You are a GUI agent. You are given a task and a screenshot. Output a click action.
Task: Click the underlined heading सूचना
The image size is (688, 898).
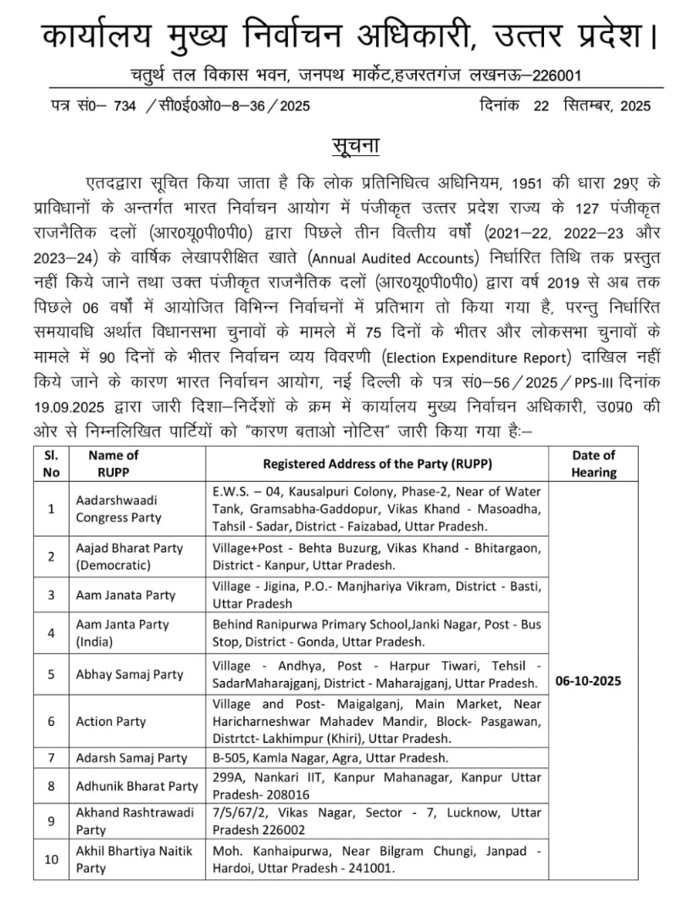[355, 145]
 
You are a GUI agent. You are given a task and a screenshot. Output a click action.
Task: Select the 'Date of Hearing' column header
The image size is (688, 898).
[593, 464]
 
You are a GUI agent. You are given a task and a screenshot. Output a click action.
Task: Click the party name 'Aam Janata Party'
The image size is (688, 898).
[125, 595]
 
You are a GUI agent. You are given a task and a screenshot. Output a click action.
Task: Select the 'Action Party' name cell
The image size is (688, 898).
[111, 722]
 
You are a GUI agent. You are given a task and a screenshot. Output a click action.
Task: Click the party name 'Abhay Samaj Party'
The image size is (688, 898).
[130, 675]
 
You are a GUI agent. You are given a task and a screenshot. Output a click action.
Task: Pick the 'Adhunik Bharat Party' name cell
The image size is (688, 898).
[136, 786]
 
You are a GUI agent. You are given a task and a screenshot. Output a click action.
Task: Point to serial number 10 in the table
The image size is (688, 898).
[51, 859]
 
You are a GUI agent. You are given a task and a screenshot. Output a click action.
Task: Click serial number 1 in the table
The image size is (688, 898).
[51, 509]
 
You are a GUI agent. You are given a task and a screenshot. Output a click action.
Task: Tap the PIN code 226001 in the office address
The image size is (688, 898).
[554, 76]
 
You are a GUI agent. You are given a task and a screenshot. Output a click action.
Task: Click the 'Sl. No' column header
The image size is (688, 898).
[51, 464]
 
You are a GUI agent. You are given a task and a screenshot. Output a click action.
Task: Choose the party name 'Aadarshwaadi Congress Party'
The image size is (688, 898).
[119, 509]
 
